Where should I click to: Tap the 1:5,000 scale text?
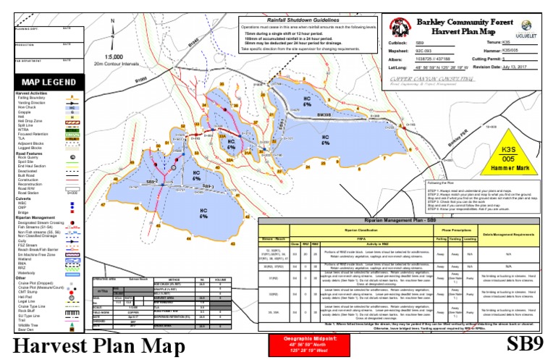[x=112, y=56]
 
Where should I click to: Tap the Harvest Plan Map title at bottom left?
[x=93, y=345]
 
